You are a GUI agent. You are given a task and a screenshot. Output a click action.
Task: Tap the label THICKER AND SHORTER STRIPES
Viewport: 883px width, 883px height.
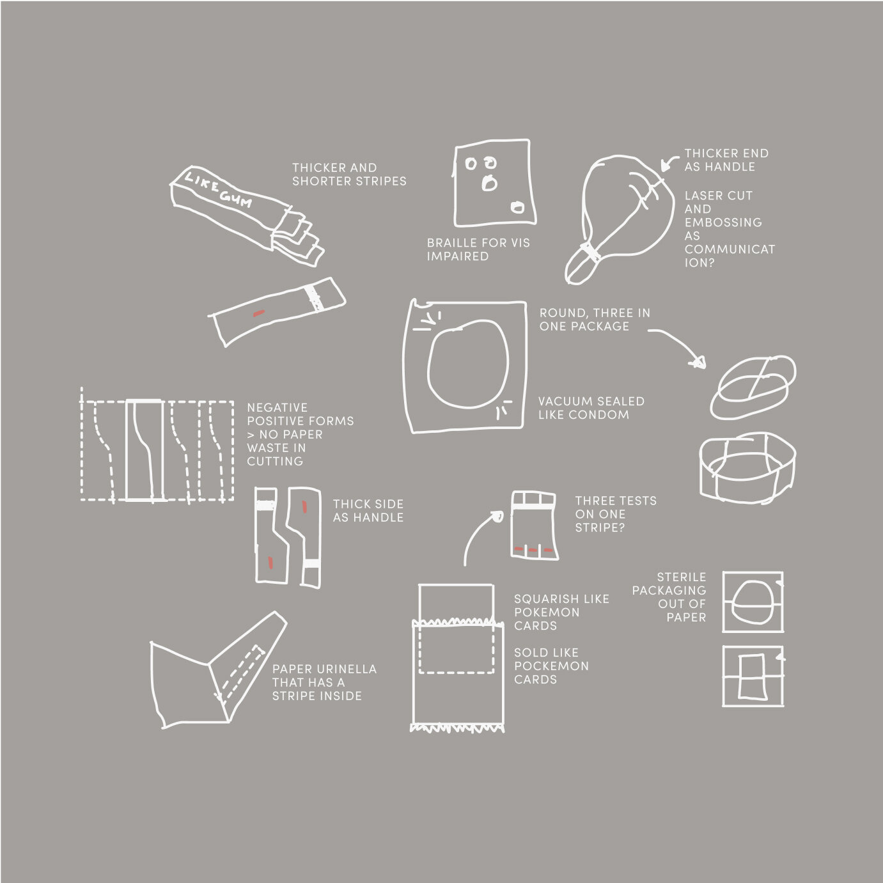[349, 175]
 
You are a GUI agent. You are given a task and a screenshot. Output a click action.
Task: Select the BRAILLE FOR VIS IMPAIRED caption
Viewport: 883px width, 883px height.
[478, 249]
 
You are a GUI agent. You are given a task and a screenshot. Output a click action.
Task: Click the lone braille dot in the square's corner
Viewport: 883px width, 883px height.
[517, 207]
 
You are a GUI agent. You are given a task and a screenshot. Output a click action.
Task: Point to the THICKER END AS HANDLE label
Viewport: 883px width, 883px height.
[726, 160]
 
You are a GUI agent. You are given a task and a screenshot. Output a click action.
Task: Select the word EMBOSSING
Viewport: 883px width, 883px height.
[723, 223]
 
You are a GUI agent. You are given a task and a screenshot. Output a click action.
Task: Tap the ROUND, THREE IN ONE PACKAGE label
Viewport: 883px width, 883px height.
[595, 320]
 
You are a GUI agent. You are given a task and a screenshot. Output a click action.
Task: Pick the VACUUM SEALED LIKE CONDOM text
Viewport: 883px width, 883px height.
[591, 408]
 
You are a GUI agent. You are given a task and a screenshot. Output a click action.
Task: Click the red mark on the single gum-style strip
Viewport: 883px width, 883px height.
[258, 313]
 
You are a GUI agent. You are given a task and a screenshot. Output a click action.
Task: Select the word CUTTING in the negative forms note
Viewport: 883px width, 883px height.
[275, 461]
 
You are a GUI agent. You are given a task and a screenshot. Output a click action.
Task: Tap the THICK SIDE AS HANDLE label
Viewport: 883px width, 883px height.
[368, 510]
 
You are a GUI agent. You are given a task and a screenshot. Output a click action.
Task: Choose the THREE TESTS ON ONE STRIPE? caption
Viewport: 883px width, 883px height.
[615, 513]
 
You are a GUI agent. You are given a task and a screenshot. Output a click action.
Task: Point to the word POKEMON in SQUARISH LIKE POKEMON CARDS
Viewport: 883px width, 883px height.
[547, 612]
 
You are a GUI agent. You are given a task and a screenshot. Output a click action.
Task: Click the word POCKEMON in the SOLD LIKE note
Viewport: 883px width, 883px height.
[551, 666]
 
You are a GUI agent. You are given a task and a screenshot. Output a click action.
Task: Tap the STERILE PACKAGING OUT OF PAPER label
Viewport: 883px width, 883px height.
[669, 597]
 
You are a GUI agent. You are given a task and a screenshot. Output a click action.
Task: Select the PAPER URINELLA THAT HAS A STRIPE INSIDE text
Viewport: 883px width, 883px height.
[324, 682]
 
